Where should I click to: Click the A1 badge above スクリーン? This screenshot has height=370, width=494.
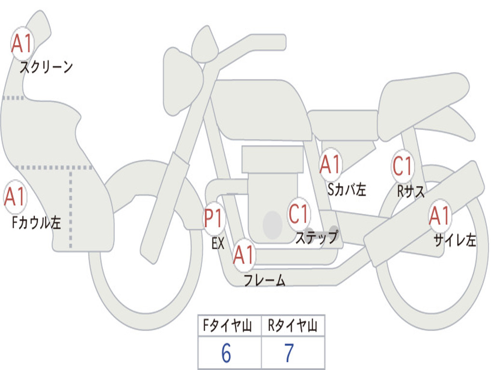(22, 44)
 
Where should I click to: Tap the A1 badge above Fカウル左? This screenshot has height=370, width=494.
(15, 197)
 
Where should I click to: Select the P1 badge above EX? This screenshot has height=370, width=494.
(214, 218)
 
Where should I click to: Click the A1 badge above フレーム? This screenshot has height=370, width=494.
(244, 255)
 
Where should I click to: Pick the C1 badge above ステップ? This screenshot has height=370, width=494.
(299, 213)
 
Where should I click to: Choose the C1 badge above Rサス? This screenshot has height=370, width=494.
(402, 166)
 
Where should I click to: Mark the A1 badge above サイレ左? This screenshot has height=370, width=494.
(440, 216)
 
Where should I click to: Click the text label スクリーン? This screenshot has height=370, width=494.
(46, 66)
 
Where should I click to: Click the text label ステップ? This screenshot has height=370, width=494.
(316, 237)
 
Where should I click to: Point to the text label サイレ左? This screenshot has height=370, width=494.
(454, 240)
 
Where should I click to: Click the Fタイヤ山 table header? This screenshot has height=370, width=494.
(229, 326)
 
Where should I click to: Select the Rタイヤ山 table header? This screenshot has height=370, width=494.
(292, 326)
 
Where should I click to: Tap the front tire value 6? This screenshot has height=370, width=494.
(226, 354)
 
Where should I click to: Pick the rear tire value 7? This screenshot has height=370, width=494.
(289, 354)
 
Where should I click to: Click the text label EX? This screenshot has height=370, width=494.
(218, 243)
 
